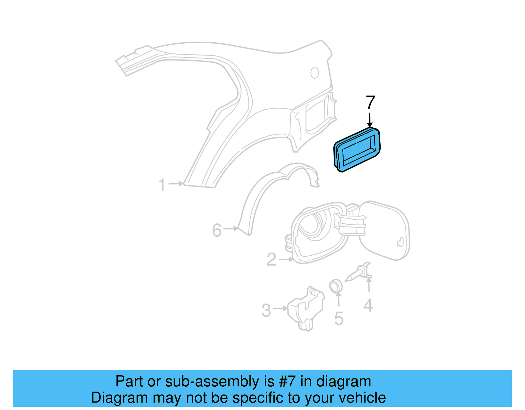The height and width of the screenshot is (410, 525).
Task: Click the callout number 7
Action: pos(370,103)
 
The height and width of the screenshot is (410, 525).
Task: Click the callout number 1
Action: pos(162,185)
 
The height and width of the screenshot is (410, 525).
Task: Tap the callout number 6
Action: pos(217,230)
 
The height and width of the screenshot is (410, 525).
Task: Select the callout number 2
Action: pos(272,260)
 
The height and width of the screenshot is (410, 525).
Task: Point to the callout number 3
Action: pos(266,310)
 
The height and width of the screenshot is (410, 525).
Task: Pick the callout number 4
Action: pos(368,306)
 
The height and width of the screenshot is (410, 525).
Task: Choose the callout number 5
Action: pos(339,318)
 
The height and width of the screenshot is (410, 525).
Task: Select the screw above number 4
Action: pos(356,274)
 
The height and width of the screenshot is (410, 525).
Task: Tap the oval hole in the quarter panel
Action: pos(315,73)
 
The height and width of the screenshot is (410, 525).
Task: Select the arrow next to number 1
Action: pos(177,184)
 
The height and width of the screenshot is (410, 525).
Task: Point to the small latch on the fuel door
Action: pos(400,243)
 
